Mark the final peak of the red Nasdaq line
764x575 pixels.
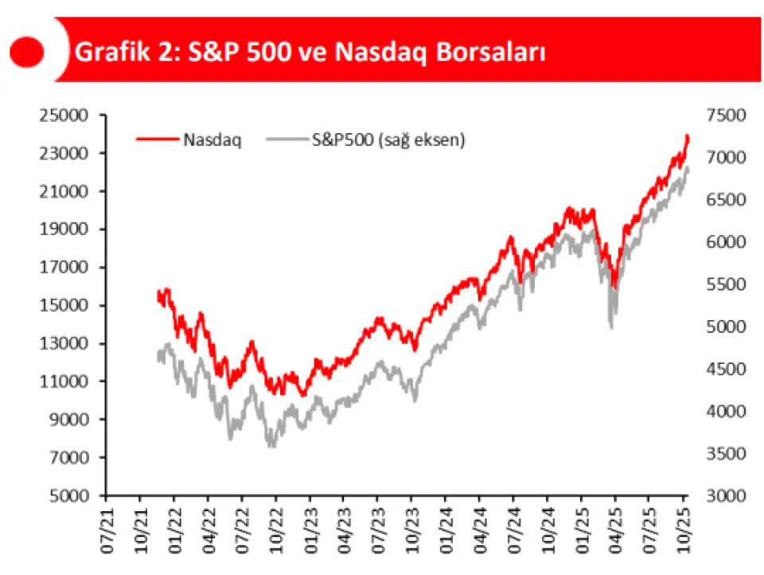[687, 136]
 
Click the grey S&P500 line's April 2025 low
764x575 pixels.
[611, 326]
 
